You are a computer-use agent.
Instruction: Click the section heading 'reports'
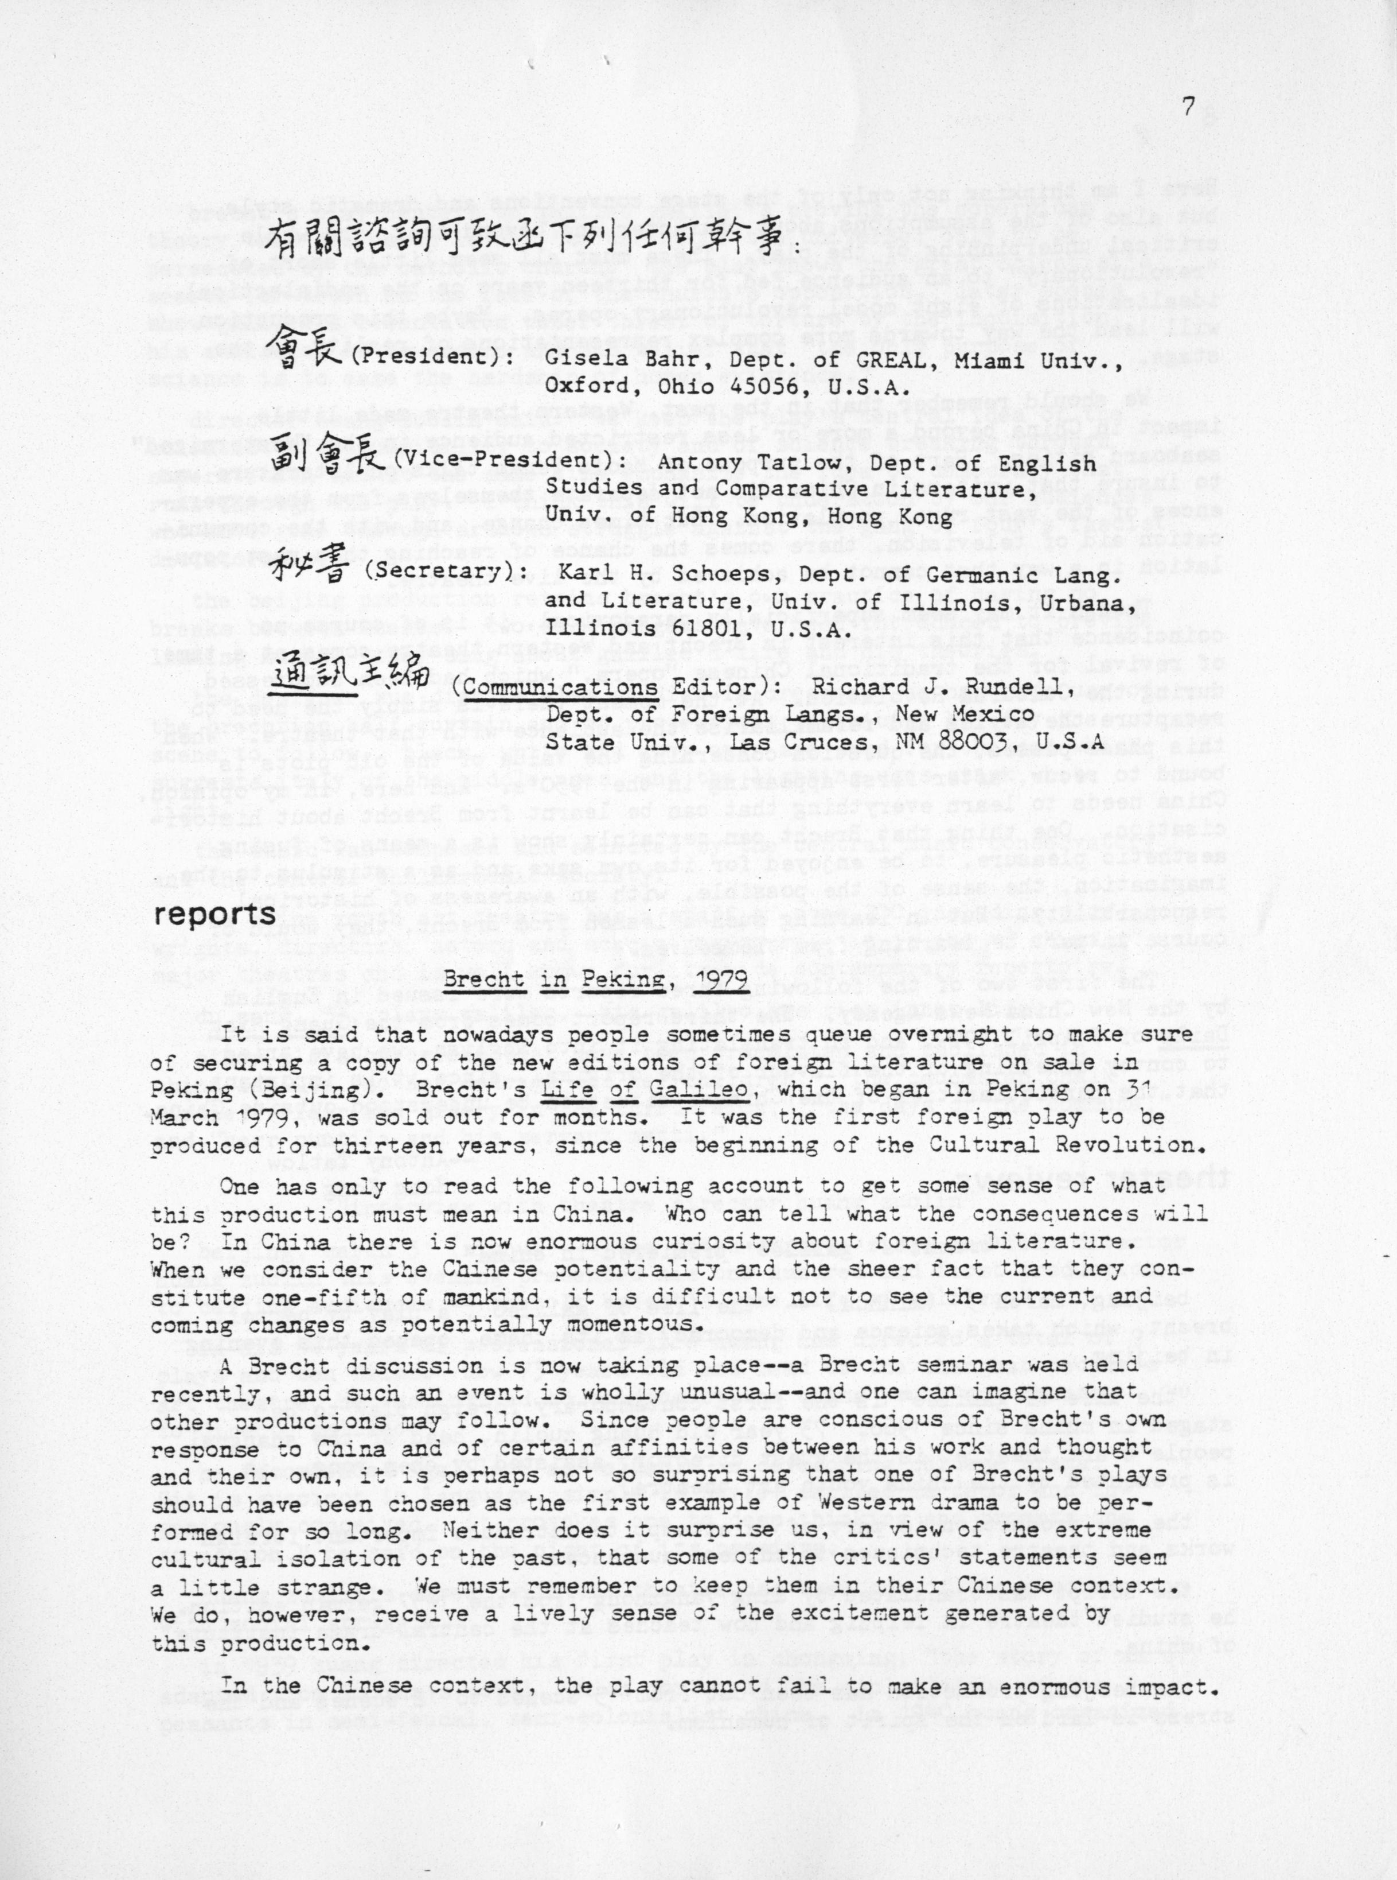[x=215, y=915]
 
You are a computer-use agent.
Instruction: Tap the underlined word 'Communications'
[x=561, y=686]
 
